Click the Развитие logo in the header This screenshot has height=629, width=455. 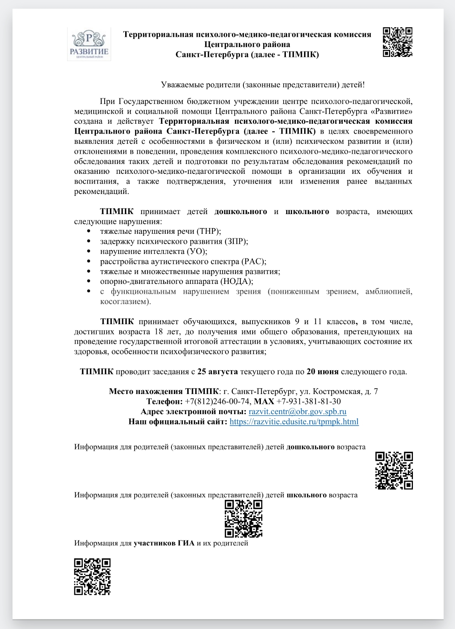[x=89, y=44]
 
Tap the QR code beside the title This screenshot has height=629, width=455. [x=397, y=42]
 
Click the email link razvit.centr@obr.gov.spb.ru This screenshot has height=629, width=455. [x=297, y=411]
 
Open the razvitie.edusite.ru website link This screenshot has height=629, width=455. [x=294, y=421]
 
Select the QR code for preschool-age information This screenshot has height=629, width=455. [x=394, y=470]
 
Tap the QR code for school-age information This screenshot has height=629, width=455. [x=243, y=519]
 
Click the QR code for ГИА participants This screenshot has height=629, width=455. [x=92, y=576]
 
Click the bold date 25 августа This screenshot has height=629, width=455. [x=217, y=372]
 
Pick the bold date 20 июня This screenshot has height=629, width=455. [x=322, y=372]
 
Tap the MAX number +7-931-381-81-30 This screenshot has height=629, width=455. [x=308, y=402]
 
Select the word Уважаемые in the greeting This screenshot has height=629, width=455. [x=182, y=85]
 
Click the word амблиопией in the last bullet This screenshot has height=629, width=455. [x=388, y=292]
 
